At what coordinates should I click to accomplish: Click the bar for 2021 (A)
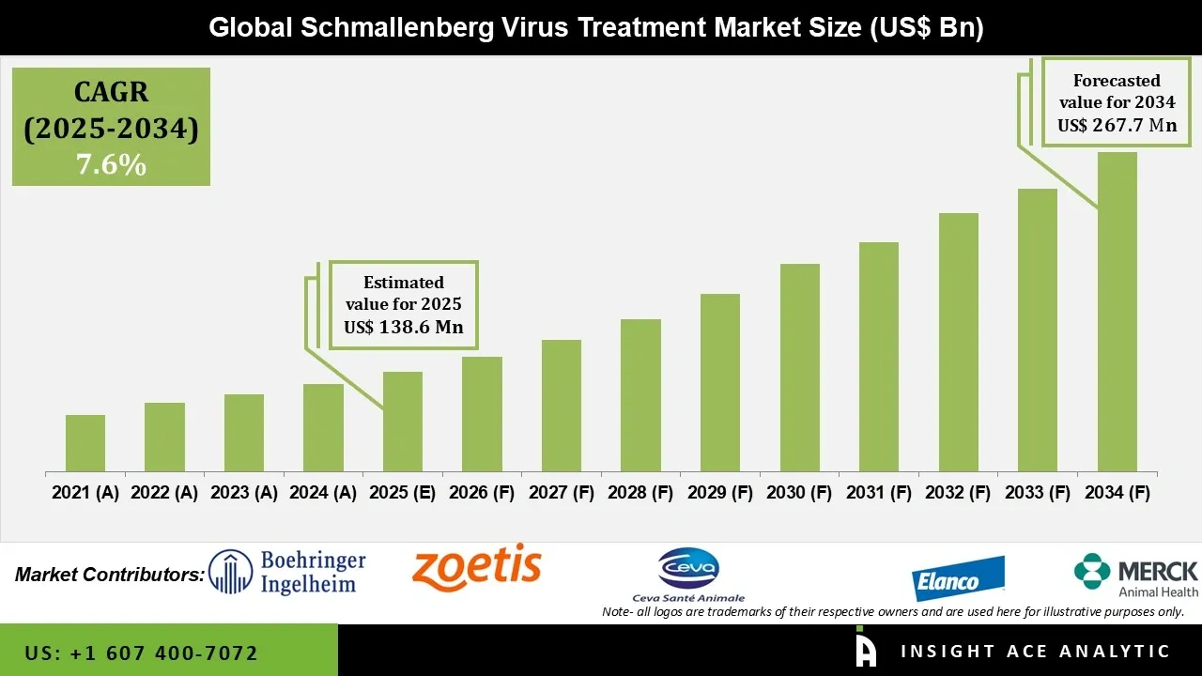(85, 443)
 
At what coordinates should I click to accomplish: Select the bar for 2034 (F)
(1117, 312)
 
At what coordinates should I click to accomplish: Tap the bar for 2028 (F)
(640, 395)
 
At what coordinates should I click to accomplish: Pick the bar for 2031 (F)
(878, 357)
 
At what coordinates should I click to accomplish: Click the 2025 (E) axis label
(402, 493)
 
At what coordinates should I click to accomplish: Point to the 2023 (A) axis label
(243, 493)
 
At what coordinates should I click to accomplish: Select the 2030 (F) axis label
(799, 493)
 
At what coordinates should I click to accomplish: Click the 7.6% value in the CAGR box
(111, 165)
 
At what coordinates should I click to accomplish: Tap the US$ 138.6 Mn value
(403, 328)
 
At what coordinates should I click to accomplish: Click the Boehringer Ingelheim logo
(286, 573)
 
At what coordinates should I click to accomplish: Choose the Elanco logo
(959, 578)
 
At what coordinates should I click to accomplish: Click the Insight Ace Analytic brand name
(1035, 652)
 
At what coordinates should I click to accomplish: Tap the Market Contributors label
(110, 574)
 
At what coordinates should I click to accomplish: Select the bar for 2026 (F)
(482, 414)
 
